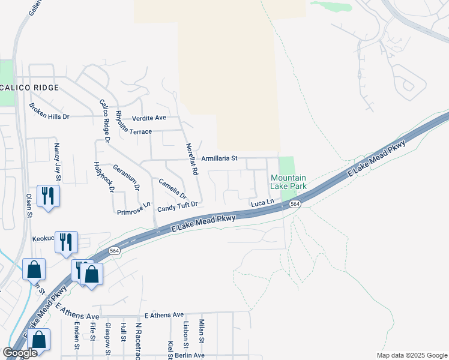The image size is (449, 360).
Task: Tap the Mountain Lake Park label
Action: [288, 182]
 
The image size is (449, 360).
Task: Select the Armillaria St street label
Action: [220, 158]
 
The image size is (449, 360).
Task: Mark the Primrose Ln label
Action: [134, 208]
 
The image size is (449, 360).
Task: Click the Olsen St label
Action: [28, 205]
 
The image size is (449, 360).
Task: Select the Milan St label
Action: [202, 329]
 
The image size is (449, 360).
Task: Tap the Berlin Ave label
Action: [190, 355]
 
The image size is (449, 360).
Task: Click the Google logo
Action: [20, 353]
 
